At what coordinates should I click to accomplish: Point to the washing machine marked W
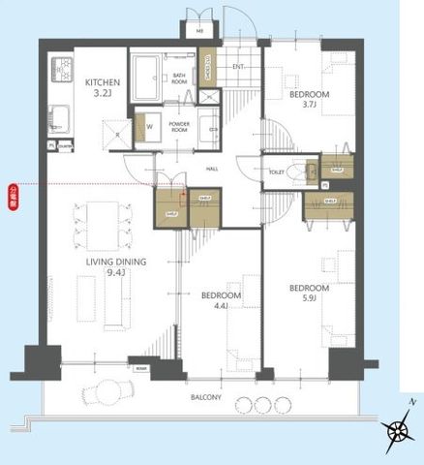(x=150, y=127)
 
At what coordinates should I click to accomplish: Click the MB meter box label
(x=200, y=31)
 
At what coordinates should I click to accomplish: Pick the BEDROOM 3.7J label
(x=309, y=101)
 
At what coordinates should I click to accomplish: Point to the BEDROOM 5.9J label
(x=309, y=294)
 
